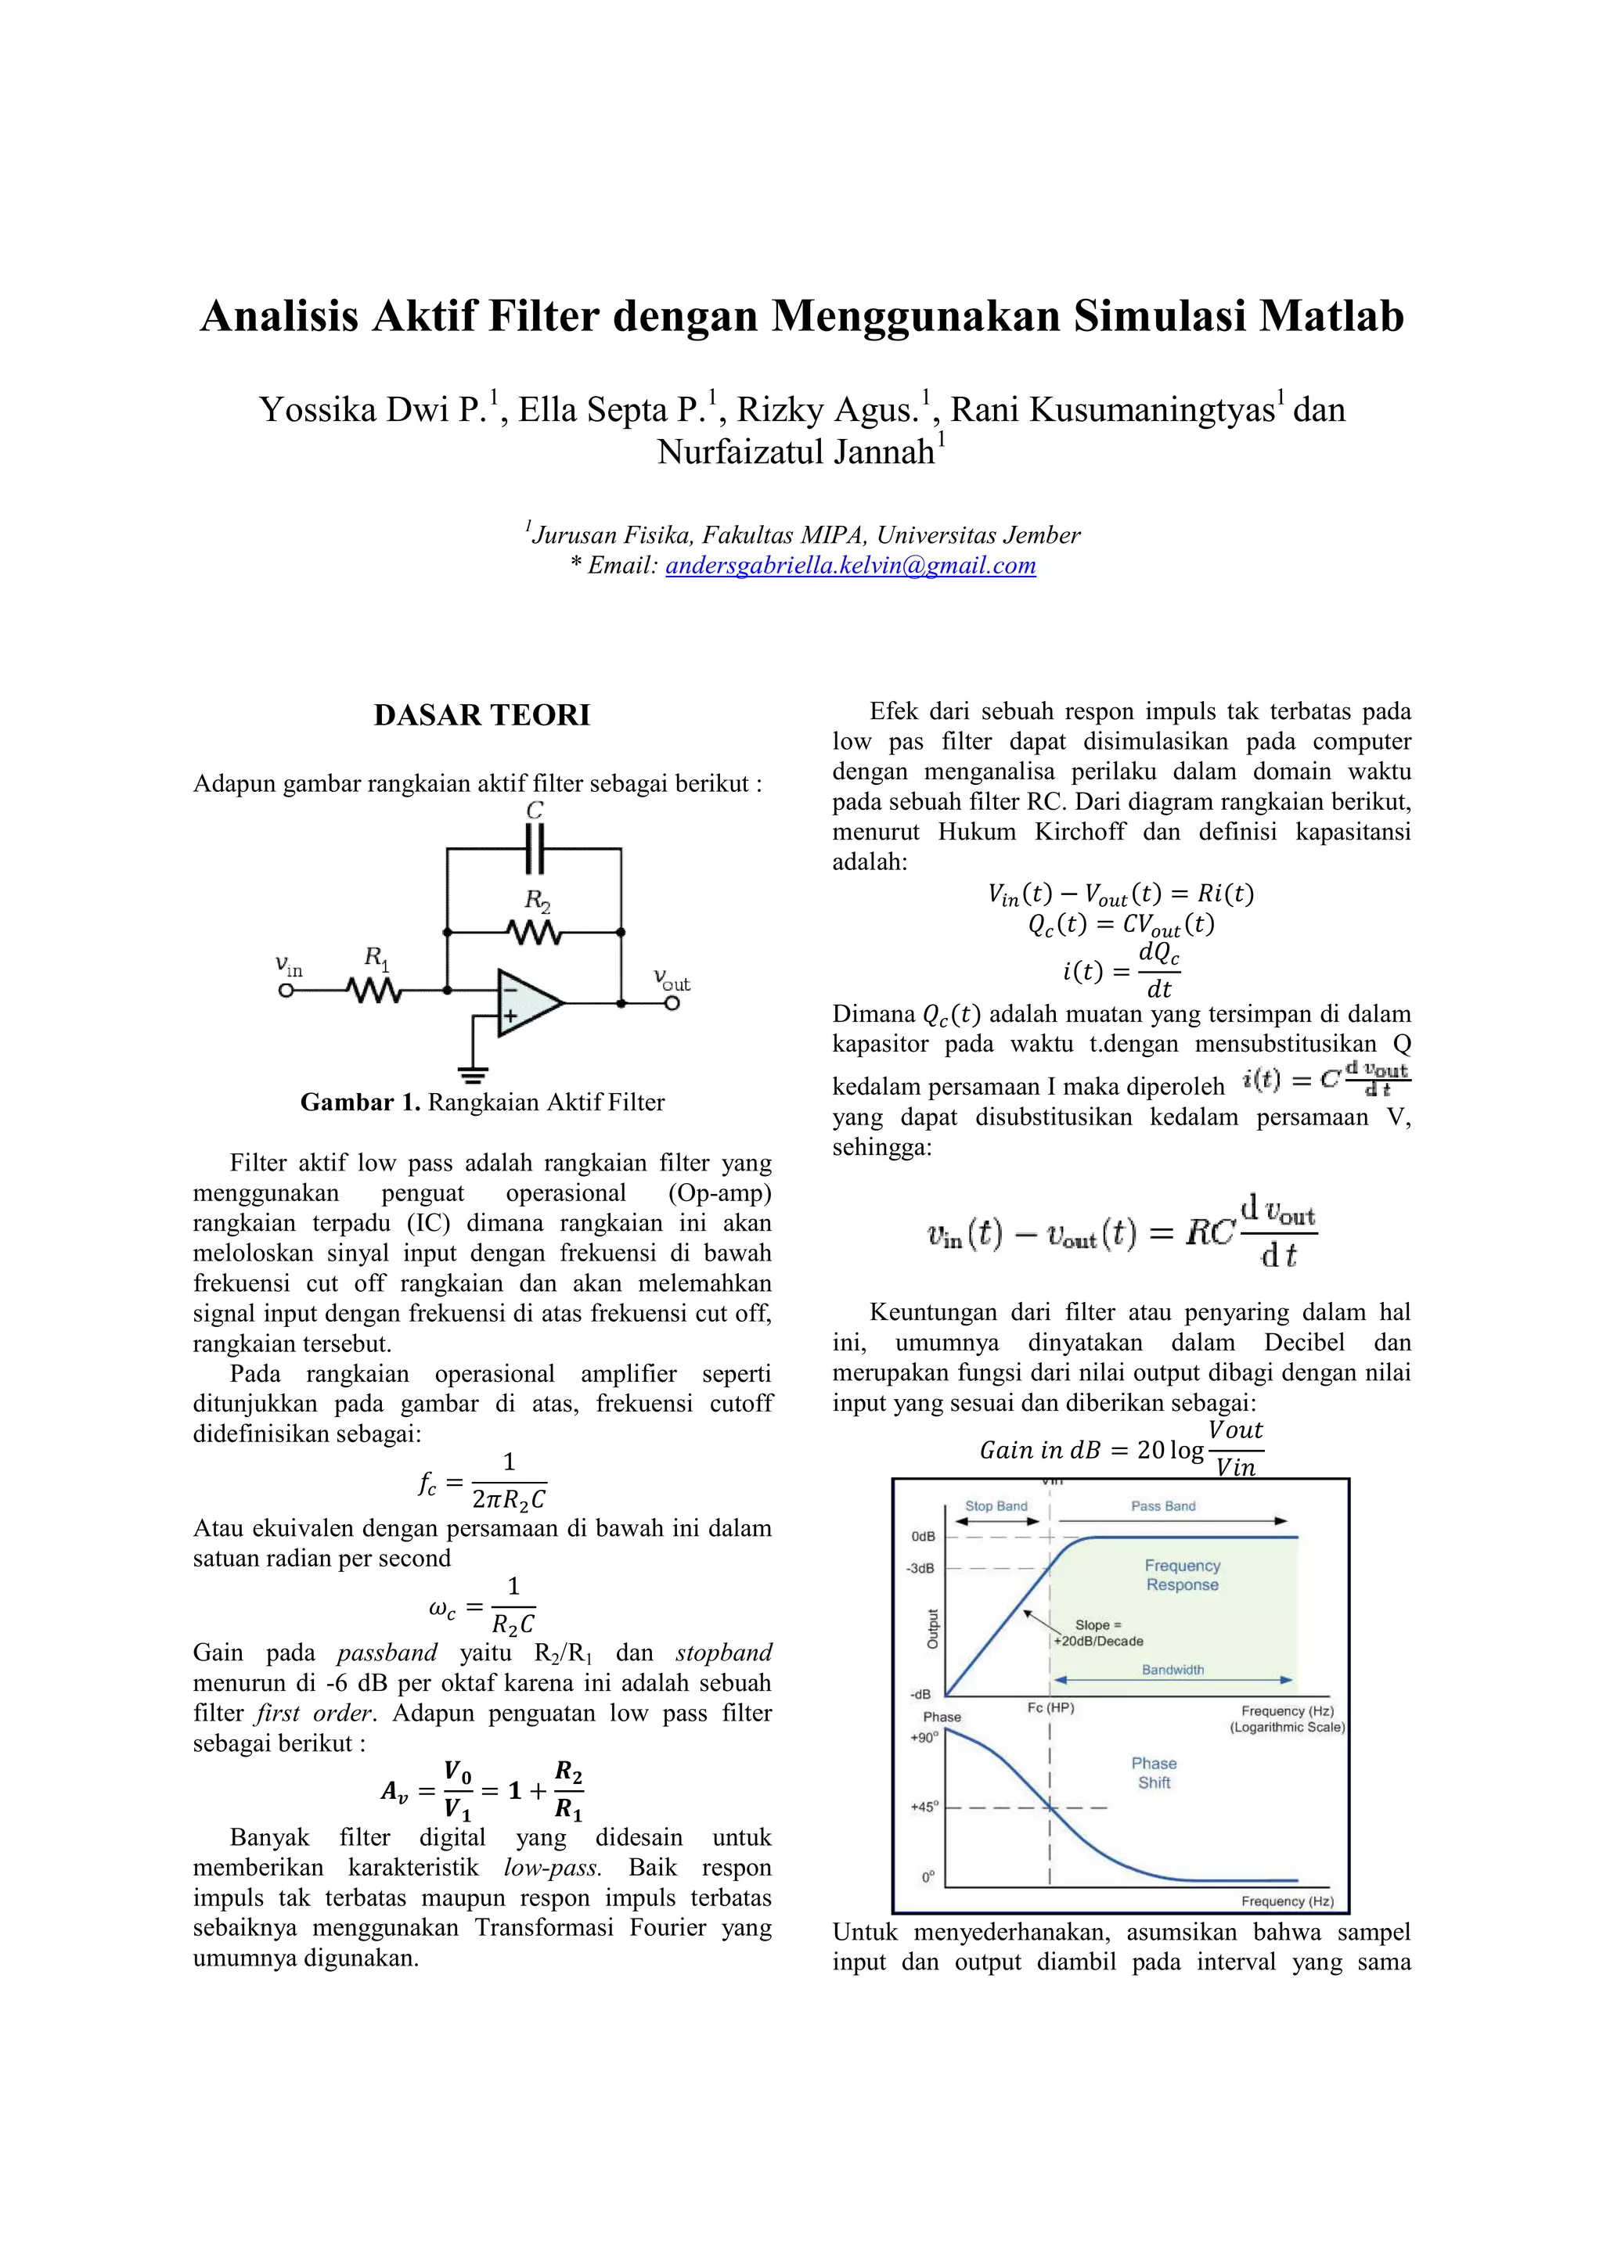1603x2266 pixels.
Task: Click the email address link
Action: [x=850, y=566]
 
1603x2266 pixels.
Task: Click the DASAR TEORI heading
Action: [x=481, y=714]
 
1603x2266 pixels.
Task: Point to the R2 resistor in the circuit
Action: [x=534, y=932]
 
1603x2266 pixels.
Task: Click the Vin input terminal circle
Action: [x=286, y=990]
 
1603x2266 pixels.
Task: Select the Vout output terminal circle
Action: [x=672, y=1004]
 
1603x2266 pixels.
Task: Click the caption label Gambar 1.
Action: [x=360, y=1102]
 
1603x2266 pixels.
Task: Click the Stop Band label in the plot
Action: [x=996, y=1506]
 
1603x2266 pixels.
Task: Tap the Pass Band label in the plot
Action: [x=1163, y=1506]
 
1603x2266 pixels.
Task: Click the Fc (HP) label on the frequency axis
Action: [x=1050, y=1707]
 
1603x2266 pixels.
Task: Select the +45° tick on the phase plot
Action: [x=923, y=1807]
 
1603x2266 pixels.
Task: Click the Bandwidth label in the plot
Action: [x=1173, y=1670]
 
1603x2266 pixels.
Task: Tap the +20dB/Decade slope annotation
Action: [x=1099, y=1642]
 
